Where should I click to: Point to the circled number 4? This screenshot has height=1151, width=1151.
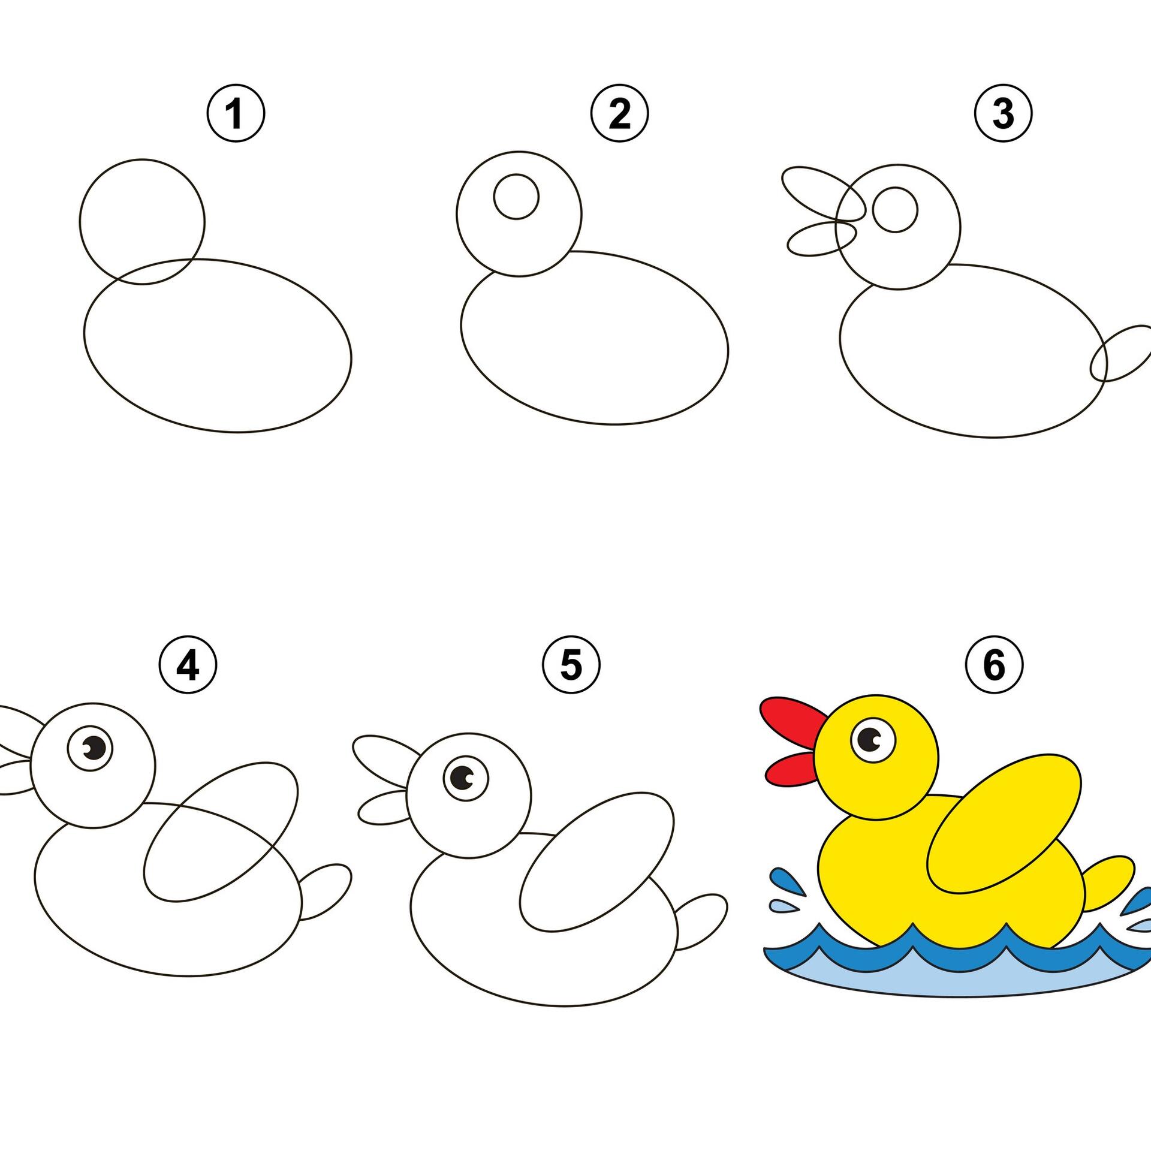point(188,666)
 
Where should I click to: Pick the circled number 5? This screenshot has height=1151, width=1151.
point(571,666)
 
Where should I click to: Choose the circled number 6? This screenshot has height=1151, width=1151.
point(995,666)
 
